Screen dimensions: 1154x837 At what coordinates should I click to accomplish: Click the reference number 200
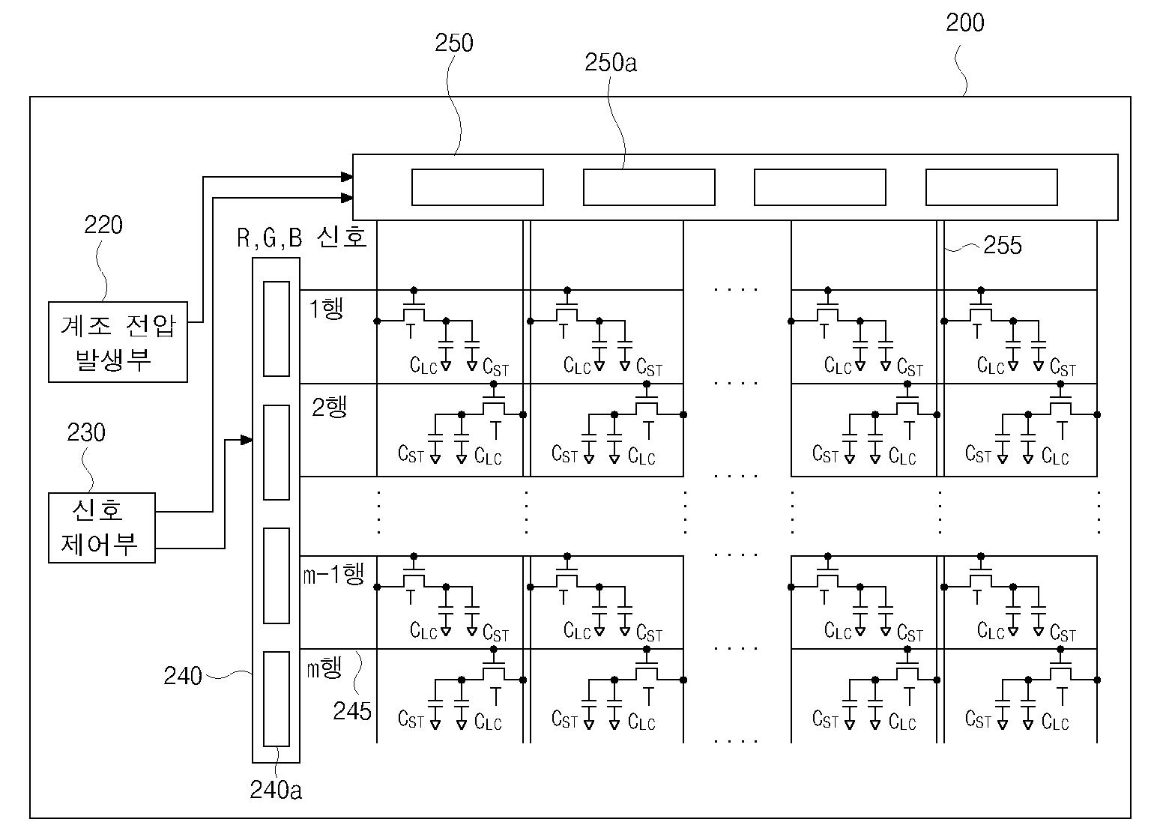[964, 22]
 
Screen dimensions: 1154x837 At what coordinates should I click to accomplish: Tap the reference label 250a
[611, 63]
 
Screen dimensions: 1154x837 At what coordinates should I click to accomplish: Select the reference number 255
[1002, 245]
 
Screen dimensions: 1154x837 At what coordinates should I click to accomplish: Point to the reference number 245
[352, 711]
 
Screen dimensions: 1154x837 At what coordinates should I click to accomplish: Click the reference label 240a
[276, 790]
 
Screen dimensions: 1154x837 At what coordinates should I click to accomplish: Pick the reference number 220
[103, 225]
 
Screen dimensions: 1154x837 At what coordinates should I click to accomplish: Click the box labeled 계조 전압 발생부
[118, 342]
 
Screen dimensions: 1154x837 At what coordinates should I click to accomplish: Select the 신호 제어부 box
[102, 528]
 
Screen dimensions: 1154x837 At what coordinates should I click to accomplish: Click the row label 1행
[326, 308]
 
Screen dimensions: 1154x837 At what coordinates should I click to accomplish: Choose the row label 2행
[329, 407]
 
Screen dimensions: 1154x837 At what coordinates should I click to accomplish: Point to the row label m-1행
[334, 574]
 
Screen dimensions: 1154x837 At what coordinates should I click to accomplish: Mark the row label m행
[324, 668]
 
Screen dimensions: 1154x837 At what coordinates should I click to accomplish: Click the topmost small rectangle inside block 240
[276, 329]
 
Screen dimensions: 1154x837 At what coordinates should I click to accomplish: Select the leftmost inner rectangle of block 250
[477, 187]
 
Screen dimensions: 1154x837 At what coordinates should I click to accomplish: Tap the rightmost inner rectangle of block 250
[991, 187]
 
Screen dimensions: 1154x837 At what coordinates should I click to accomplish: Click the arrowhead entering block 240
[247, 440]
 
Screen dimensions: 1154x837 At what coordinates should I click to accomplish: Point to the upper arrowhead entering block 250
[347, 177]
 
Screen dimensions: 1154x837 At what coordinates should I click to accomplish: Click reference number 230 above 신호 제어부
[86, 432]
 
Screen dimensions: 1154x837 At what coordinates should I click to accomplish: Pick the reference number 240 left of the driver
[182, 676]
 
